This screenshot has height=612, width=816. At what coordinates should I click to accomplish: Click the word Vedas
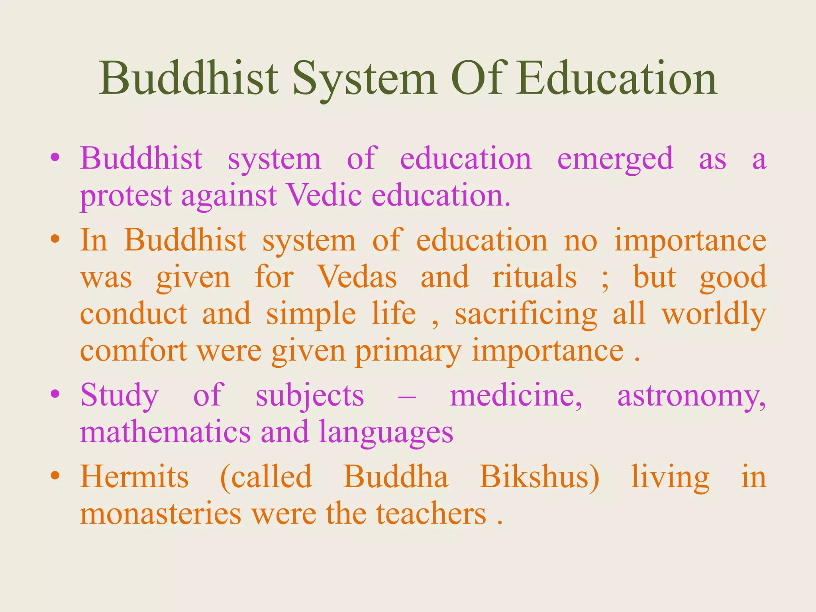click(357, 277)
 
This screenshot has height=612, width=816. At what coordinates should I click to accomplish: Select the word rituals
click(534, 277)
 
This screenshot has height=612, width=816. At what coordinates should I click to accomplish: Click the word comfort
click(133, 351)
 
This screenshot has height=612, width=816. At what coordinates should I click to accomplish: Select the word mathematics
click(165, 432)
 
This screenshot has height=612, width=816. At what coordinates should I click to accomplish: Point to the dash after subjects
click(407, 397)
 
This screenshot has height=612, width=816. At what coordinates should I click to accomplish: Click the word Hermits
click(134, 477)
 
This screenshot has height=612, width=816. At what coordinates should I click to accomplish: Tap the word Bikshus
click(539, 477)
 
